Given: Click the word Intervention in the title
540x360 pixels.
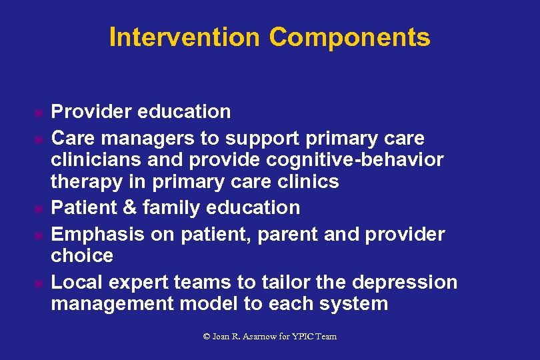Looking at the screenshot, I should coord(184,37).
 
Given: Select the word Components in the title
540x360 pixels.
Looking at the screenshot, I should coord(349,37).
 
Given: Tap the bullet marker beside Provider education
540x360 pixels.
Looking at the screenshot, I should coord(39,113).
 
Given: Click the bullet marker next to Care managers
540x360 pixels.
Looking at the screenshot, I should coord(39,139).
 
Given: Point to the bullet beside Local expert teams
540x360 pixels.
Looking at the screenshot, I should coord(39,283).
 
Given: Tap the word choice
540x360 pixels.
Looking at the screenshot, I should coord(82,255).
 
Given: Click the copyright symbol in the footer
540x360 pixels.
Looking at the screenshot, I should coord(207,337).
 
